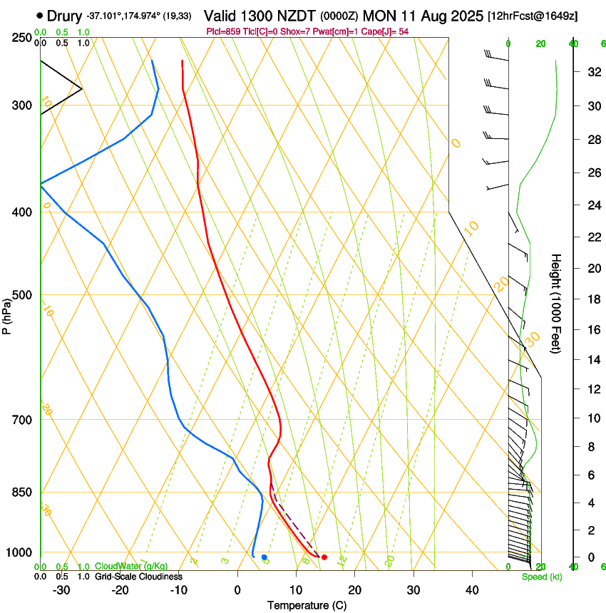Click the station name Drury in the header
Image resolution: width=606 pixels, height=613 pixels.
tap(65, 15)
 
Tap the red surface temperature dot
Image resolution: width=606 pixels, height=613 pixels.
tap(324, 557)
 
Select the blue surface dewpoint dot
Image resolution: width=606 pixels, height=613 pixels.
tap(265, 557)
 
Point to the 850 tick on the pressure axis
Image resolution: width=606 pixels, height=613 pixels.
tap(21, 493)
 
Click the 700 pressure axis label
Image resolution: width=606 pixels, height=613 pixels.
tap(21, 420)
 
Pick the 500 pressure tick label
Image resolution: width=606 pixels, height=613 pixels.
tap(21, 295)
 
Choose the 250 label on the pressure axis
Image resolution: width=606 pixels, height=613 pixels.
tap(21, 37)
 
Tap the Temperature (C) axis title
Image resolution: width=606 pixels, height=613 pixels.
tap(306, 605)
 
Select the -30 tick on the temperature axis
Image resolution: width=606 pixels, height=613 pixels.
tap(61, 589)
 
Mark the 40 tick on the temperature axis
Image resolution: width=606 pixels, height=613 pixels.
tap(471, 589)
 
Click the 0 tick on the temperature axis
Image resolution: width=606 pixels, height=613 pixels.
tap(237, 589)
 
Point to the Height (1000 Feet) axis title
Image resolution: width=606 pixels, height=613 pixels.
tap(556, 304)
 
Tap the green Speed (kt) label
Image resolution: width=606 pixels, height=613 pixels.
tap(542, 577)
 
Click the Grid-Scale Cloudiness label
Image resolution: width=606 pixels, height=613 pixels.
tap(138, 576)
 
